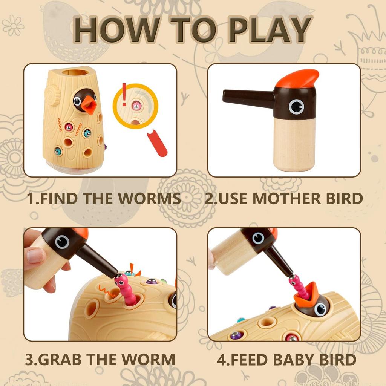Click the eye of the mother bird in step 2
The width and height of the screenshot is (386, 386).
click(x=296, y=107)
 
